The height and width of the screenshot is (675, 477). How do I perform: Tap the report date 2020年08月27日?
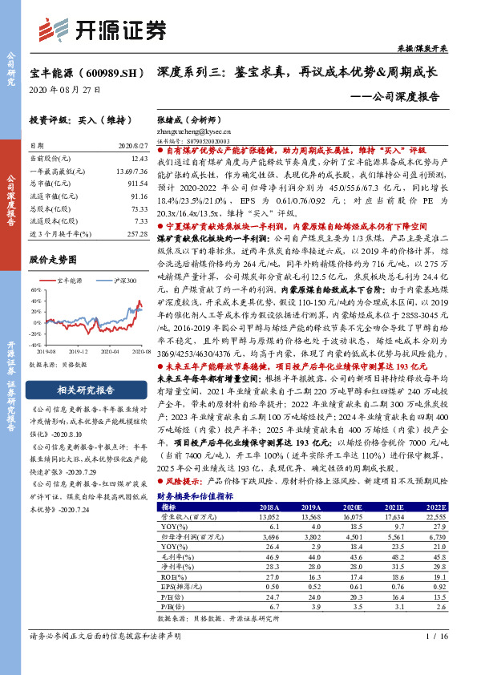[55, 88]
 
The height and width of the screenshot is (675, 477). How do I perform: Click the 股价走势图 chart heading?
[53, 260]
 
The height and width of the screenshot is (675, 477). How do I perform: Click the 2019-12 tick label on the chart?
[78, 351]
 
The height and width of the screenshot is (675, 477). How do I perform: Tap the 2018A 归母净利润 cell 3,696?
[269, 534]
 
